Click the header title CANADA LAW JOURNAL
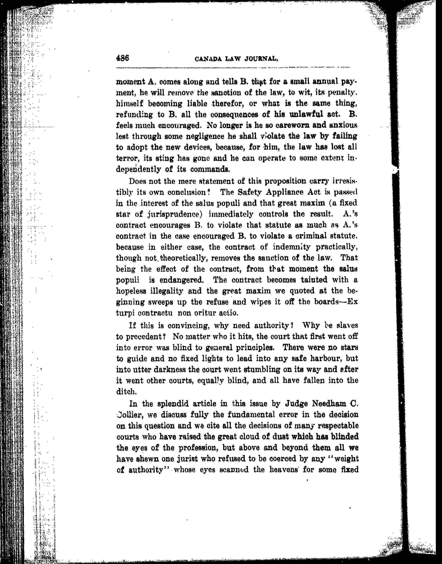236,59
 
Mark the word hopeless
131,291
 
